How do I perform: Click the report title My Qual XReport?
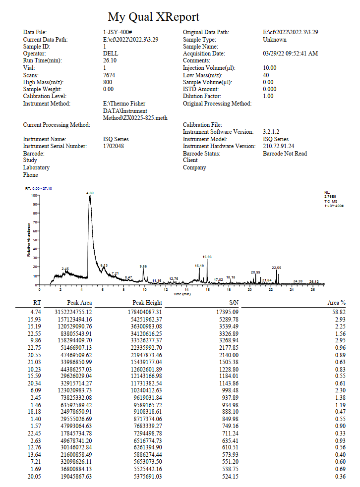(x=154, y=17)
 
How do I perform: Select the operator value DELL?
(x=111, y=54)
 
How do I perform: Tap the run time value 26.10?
(x=110, y=60)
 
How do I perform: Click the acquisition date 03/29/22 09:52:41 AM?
(x=291, y=54)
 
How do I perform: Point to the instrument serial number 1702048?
(x=114, y=146)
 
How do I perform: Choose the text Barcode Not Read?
(x=285, y=154)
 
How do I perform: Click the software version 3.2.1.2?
(x=271, y=132)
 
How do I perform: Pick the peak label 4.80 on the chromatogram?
(x=90, y=193)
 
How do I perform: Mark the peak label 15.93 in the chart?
(x=207, y=257)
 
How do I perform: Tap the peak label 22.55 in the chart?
(x=276, y=268)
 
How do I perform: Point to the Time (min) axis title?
(x=182, y=294)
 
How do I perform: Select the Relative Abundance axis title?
(x=29, y=240)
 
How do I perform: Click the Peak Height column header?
(x=147, y=303)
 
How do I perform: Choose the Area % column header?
(x=336, y=303)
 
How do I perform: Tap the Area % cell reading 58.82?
(x=339, y=312)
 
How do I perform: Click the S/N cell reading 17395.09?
(x=227, y=312)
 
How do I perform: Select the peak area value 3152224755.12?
(x=73, y=312)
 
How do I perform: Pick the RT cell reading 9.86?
(x=36, y=340)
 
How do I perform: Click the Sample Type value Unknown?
(x=275, y=40)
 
